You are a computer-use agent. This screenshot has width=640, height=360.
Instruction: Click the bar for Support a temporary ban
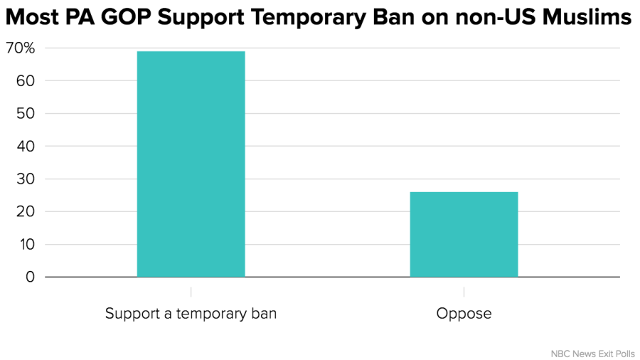[x=191, y=164]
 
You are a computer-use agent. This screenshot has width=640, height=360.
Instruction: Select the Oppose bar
[x=464, y=234]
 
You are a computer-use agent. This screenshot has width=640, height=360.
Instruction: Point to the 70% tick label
[x=20, y=48]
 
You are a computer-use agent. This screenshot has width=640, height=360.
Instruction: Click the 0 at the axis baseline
[x=29, y=277]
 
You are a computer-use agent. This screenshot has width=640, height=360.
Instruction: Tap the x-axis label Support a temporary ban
[x=191, y=314]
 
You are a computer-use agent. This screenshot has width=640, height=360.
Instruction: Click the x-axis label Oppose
[x=464, y=314]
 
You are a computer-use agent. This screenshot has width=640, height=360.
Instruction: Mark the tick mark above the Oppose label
[x=464, y=292]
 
